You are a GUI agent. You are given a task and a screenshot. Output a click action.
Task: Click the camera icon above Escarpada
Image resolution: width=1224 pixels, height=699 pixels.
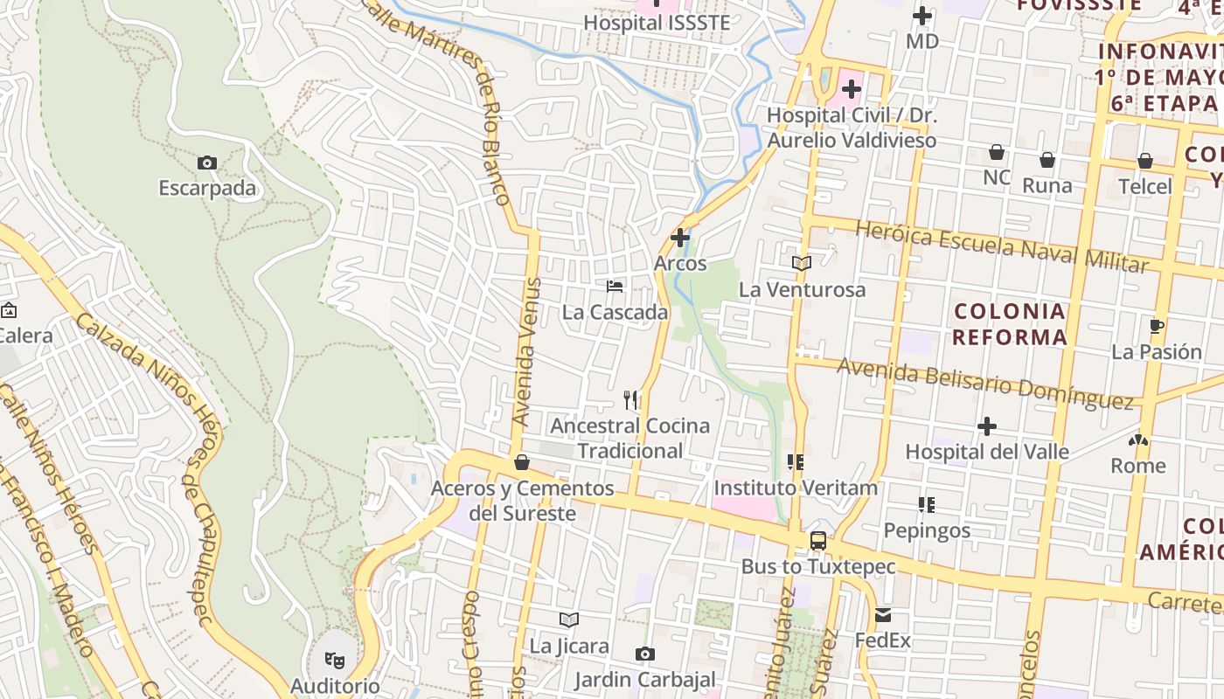(207, 163)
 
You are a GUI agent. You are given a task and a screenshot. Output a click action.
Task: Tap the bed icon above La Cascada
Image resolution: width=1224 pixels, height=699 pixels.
(615, 286)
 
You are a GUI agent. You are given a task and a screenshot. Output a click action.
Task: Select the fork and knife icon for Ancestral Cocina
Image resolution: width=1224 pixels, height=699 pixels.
(630, 400)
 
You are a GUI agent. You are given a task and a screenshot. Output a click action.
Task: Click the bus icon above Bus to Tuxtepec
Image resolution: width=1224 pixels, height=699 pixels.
(818, 541)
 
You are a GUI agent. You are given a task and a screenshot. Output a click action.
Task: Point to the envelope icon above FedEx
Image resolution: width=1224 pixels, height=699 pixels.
(882, 615)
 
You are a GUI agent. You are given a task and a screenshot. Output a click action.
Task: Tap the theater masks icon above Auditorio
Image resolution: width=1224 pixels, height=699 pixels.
(334, 660)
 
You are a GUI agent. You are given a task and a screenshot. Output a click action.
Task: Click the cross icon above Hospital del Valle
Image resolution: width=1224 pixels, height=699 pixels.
(987, 426)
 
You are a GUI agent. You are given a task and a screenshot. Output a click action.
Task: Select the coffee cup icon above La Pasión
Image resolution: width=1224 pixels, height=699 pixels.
(1156, 327)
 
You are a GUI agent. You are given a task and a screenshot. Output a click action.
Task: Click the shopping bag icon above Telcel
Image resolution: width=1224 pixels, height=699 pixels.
(1145, 161)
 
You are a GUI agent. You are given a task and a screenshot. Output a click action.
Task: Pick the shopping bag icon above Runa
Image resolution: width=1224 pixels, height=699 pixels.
(1047, 160)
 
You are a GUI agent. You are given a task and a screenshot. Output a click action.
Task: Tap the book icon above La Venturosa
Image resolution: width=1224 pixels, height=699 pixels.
(802, 263)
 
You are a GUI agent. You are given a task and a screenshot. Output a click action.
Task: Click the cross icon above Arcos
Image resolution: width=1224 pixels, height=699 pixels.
(680, 237)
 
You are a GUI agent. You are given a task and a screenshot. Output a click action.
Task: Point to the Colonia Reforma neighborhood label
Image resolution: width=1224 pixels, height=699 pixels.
(1010, 324)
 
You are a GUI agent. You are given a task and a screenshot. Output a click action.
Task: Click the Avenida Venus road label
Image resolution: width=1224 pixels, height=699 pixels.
(528, 352)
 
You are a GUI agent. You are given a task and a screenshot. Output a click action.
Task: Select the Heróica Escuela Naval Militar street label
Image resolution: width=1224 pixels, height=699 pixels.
(1001, 246)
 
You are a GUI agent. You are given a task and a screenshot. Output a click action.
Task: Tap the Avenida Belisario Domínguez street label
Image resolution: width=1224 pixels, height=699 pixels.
(984, 384)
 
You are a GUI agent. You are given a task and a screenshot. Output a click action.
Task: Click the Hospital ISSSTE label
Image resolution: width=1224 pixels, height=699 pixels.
(656, 23)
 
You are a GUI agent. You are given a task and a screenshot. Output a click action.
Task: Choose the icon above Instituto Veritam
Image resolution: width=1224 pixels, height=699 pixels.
(795, 462)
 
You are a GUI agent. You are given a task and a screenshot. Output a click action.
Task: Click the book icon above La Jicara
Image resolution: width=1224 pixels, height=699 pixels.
(569, 620)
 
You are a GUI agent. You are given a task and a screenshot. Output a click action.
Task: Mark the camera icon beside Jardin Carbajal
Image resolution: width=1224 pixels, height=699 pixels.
(645, 654)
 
